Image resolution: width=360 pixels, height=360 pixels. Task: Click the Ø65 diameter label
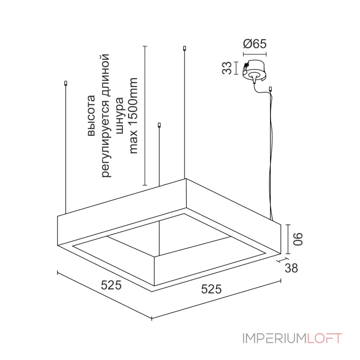255,44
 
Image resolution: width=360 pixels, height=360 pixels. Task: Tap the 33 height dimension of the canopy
227,68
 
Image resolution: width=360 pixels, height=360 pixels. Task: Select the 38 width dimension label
291,268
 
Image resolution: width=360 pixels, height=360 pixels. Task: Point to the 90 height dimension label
298,239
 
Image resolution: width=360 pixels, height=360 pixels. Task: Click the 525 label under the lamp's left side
111,285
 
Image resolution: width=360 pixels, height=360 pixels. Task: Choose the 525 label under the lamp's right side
211,289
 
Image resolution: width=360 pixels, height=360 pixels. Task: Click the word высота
91,116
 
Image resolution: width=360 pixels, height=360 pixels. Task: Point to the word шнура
120,116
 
